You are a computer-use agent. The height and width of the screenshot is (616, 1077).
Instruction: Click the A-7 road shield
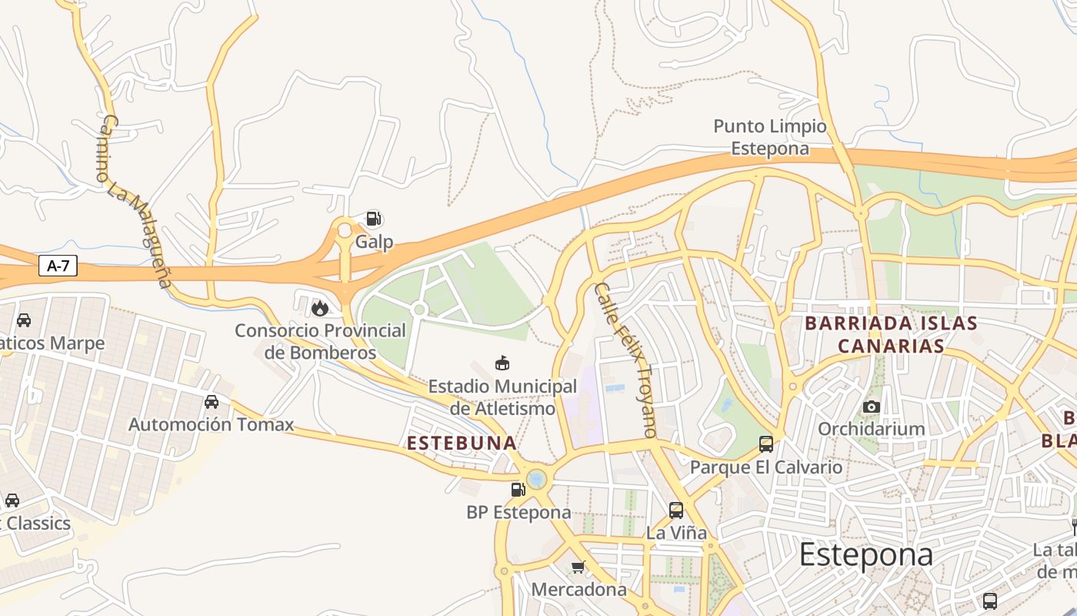(58, 266)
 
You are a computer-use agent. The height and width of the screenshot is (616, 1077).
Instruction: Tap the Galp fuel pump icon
(373, 219)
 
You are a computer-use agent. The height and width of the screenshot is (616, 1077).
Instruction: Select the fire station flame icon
(319, 309)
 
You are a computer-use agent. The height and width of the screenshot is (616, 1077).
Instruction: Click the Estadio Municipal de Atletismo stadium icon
(502, 363)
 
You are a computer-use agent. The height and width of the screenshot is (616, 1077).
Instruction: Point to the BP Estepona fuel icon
(518, 489)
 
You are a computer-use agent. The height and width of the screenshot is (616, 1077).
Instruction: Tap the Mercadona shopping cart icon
(578, 567)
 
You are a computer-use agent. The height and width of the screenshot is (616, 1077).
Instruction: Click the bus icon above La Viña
(675, 510)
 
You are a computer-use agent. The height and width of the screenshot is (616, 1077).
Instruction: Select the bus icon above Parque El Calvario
(765, 444)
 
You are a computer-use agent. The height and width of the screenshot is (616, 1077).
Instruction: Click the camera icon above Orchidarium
(871, 407)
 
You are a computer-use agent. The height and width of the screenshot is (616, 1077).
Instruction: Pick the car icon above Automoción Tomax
(212, 401)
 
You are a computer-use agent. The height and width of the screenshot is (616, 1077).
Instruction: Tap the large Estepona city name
(865, 554)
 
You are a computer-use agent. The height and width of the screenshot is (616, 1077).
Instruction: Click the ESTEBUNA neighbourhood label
(462, 444)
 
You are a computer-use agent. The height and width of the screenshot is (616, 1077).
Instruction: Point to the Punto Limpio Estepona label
(769, 137)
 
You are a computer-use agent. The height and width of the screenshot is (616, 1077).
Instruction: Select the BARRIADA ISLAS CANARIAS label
(891, 334)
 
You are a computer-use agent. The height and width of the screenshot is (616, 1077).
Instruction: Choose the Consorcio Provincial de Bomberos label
(320, 342)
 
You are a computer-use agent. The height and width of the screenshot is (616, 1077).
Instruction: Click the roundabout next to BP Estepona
(536, 479)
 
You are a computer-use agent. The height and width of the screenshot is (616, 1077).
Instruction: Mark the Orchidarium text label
(871, 429)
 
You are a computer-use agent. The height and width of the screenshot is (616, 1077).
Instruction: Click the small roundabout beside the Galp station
(344, 230)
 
